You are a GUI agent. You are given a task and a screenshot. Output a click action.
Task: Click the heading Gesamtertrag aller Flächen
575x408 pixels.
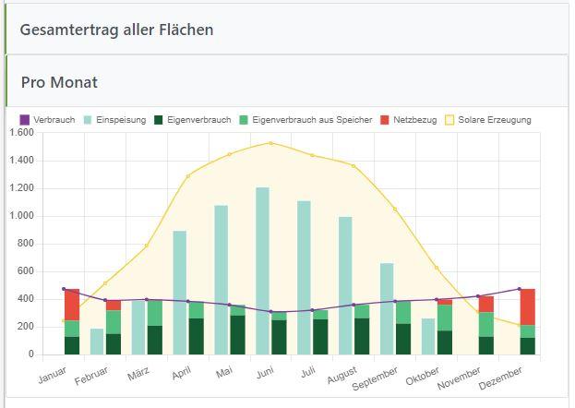tap(116, 30)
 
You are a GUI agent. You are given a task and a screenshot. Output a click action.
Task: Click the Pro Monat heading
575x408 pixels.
tap(59, 82)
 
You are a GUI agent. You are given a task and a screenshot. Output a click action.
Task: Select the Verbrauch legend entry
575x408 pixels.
tap(49, 120)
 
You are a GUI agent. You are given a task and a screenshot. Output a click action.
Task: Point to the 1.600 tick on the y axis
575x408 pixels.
tap(20, 133)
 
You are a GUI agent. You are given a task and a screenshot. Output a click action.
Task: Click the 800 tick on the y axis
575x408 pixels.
tap(25, 244)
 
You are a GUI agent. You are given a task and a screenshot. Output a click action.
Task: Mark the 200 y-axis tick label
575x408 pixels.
tap(25, 327)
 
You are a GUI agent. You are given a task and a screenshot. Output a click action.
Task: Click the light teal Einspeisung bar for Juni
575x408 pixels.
tap(262, 249)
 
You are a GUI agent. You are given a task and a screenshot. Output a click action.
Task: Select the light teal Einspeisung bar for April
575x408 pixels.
tap(179, 277)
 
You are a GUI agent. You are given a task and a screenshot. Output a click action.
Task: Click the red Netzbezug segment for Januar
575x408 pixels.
tap(71, 305)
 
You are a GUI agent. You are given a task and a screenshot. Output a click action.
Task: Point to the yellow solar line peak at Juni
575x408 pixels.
tap(270, 143)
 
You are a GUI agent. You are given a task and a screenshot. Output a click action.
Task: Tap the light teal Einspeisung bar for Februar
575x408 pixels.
tap(96, 341)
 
